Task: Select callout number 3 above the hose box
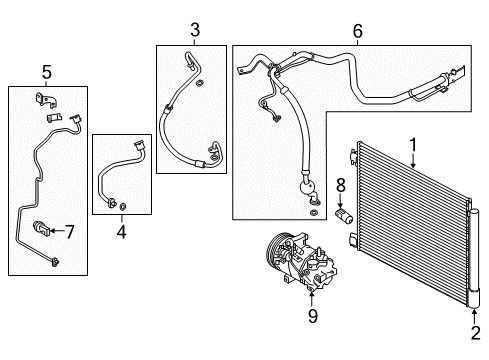click(x=195, y=29)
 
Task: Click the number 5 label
click(x=46, y=71)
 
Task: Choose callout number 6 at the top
click(x=357, y=31)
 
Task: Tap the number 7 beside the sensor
click(x=70, y=232)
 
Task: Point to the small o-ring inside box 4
click(x=123, y=207)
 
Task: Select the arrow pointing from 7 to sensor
click(x=56, y=232)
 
